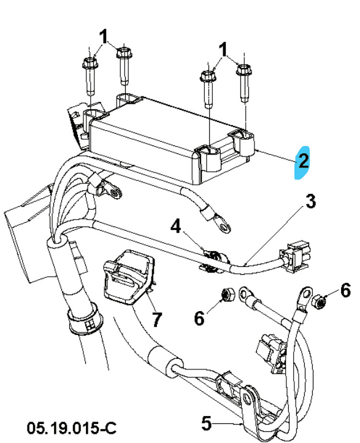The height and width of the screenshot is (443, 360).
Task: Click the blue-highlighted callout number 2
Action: point(303,161)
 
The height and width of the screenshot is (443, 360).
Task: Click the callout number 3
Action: point(312,201)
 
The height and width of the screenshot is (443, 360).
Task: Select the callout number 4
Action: point(176,228)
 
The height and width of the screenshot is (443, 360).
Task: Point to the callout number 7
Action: point(158,319)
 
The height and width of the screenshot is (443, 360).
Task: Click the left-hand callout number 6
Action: point(198,318)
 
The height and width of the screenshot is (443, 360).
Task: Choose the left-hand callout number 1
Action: point(104,36)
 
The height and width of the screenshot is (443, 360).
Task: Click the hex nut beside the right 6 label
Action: point(319,301)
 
